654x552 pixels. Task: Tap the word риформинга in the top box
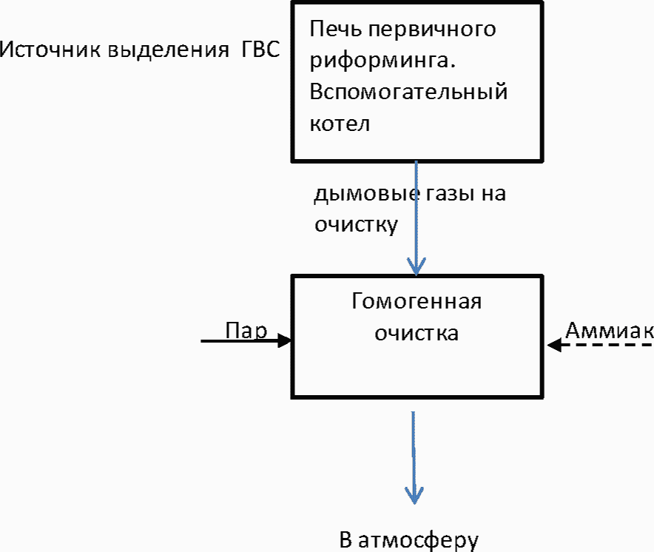point(380,61)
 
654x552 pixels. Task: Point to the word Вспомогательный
point(408,92)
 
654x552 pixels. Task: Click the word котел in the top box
point(340,124)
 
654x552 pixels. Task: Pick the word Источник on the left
point(50,50)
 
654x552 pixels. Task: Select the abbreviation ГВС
point(260,50)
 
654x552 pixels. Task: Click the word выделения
point(169,50)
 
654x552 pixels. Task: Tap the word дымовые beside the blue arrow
point(367,194)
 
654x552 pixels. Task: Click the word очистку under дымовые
point(356,226)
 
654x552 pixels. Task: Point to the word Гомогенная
point(417,301)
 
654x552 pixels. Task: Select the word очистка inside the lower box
point(417,334)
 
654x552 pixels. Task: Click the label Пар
point(246,331)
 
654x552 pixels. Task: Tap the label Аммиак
point(610,331)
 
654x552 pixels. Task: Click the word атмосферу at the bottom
point(418,541)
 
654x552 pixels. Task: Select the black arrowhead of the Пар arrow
point(285,341)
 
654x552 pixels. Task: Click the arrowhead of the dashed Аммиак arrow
point(554,345)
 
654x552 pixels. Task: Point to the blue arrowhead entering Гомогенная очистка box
point(417,266)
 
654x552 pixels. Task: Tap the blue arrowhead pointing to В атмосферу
point(414,495)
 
